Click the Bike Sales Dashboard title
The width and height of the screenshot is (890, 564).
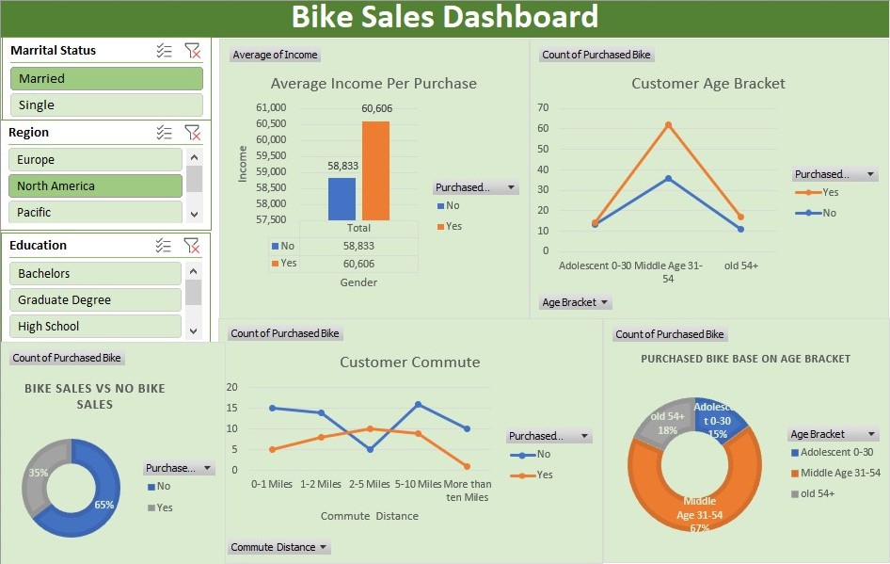coord(444,17)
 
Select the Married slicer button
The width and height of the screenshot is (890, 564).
coord(106,79)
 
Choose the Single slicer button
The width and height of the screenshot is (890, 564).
coord(106,105)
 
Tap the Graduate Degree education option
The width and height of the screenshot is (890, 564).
coord(95,300)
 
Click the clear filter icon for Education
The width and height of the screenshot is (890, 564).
coord(192,246)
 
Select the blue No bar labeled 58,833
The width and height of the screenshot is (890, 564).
coord(342,198)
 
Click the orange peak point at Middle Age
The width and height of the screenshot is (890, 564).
coord(668,124)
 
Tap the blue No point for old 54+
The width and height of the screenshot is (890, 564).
coord(740,229)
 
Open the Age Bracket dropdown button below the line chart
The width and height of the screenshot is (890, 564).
coord(576,303)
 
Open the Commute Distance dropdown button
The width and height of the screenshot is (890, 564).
coord(279,547)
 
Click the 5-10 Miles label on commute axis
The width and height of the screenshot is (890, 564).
coord(418,484)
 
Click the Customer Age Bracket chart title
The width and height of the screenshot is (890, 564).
coord(707,84)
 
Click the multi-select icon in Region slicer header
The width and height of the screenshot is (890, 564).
coord(164,133)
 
